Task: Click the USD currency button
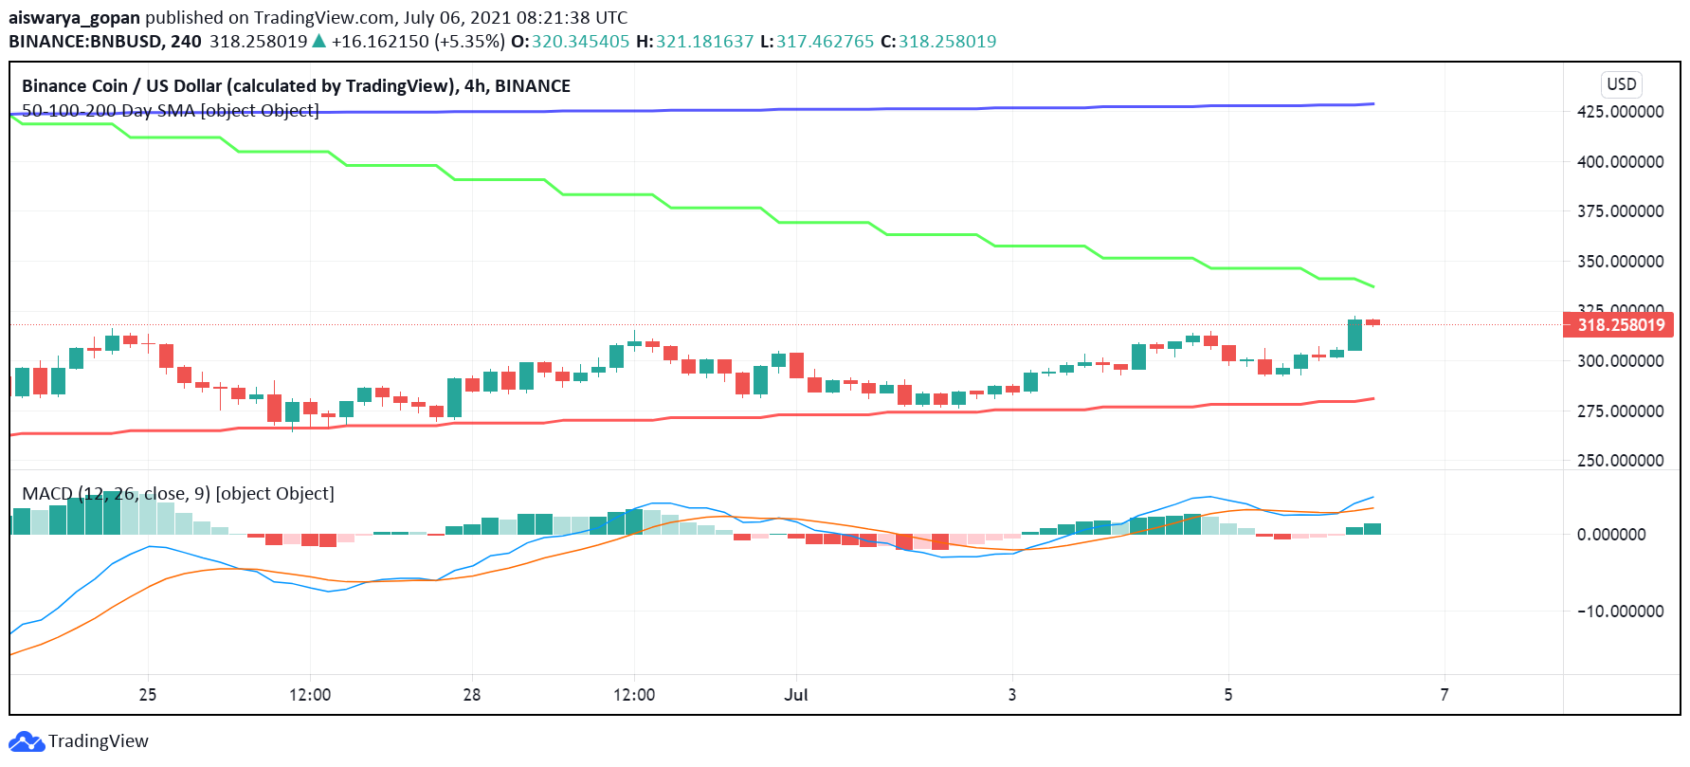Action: coord(1621,83)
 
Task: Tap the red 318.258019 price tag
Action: coord(1620,325)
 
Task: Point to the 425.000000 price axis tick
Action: coord(1620,112)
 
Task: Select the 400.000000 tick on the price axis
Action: coord(1620,162)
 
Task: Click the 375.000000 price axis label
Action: coord(1620,211)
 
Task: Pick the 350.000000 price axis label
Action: coord(1620,262)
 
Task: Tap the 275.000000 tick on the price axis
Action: coord(1620,411)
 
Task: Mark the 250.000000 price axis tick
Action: coord(1620,461)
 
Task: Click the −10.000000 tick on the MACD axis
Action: coord(1620,612)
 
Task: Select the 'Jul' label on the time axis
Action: coord(796,695)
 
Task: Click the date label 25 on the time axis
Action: coord(148,695)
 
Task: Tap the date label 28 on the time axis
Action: coord(472,695)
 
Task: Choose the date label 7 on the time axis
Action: coord(1445,695)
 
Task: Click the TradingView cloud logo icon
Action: coord(26,741)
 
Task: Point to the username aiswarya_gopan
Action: coord(74,17)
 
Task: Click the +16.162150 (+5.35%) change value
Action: coord(418,42)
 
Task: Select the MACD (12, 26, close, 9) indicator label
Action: coord(178,494)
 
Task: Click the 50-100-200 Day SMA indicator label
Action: coord(171,111)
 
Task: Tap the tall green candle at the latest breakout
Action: coord(1354,335)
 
